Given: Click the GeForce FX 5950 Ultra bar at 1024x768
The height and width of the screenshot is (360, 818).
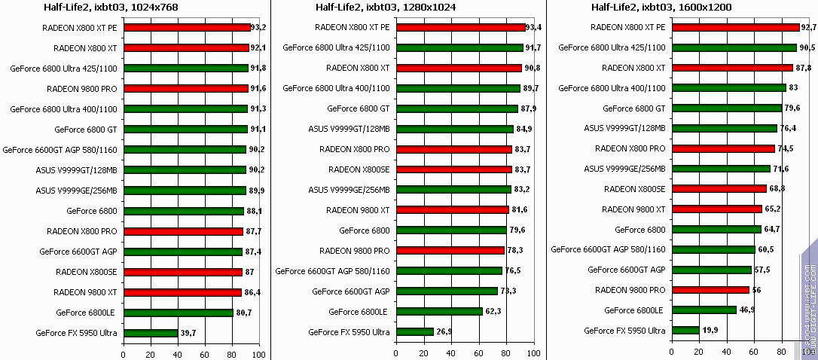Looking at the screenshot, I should [151, 333].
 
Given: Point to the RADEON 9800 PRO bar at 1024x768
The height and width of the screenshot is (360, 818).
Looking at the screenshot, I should [185, 89].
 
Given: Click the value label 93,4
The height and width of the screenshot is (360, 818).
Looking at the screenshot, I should [536, 27].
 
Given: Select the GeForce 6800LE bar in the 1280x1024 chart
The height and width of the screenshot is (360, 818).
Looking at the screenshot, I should [439, 312].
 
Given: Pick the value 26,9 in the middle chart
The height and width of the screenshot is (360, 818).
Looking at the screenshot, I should [445, 332].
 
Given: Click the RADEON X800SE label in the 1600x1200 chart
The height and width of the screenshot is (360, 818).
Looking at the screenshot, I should [634, 188].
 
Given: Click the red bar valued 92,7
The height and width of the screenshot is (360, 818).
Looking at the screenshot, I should [734, 27].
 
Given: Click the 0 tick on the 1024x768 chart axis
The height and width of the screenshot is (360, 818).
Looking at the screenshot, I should [123, 354].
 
